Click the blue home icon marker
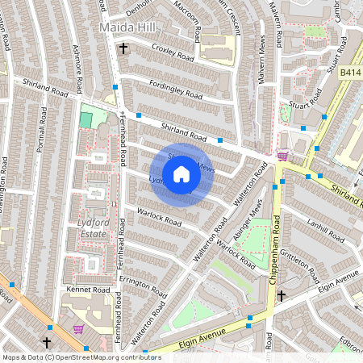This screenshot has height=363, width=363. coord(181,174)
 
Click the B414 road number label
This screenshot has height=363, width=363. coord(350,73)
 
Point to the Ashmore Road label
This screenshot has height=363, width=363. coord(78,69)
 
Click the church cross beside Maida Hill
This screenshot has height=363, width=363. coord(123,49)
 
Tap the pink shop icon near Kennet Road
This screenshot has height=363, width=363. coord(79,329)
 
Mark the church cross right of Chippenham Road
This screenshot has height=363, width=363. coord(281,297)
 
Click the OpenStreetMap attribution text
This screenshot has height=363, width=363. coord(81,357)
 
